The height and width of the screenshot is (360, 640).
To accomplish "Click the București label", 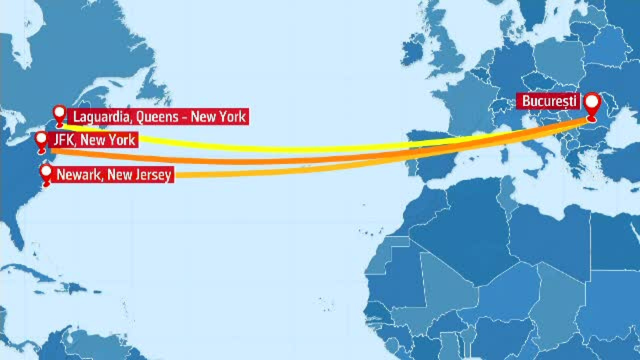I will click(549, 101).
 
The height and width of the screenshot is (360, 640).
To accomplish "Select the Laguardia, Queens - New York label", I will click(159, 117).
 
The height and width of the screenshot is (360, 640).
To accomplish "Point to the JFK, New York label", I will click(94, 140).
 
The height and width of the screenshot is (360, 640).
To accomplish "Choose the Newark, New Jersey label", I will click(114, 175).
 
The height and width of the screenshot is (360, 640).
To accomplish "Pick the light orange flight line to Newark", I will click(267, 172).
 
